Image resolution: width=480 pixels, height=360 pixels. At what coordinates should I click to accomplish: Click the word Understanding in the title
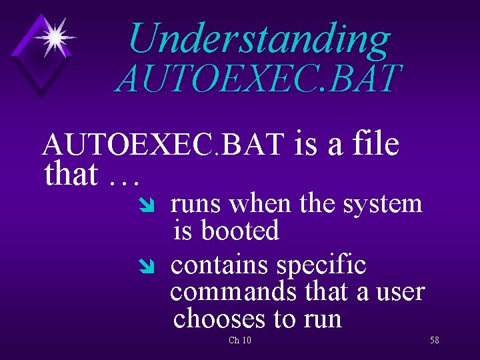259,38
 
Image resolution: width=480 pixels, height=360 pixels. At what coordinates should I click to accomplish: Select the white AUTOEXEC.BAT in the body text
163,145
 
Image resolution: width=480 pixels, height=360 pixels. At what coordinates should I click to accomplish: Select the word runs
194,204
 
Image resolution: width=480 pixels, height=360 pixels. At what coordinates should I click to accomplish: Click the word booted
239,231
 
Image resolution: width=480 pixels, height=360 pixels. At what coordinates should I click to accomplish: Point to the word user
400,292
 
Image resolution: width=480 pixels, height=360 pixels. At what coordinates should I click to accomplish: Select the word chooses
219,319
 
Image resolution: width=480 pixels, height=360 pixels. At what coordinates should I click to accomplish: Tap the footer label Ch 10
239,341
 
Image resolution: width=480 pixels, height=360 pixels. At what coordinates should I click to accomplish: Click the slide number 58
434,341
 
